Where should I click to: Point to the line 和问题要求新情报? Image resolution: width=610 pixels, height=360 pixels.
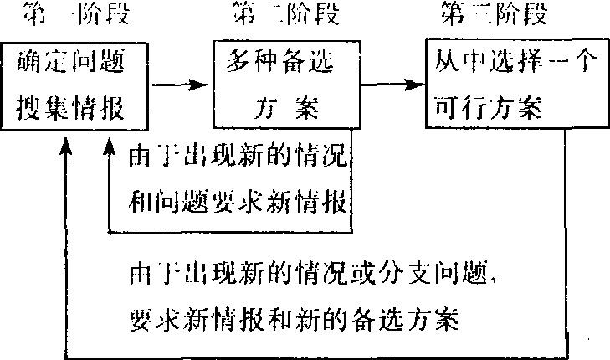pos(238,202)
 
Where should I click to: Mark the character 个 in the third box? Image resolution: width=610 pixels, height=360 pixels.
pos(586,61)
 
